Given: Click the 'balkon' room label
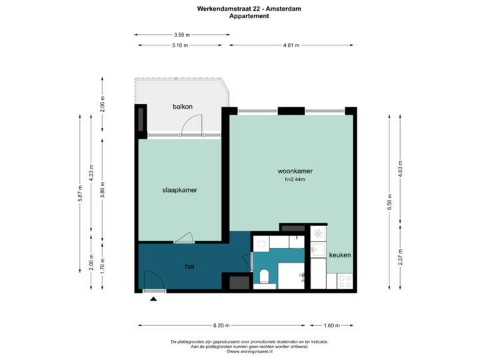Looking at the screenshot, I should pos(183,107).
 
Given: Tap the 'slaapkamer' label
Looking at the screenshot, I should pos(180,190).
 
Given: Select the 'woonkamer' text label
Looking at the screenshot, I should pos(295,171).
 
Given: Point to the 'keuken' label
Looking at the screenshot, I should pos(340,255).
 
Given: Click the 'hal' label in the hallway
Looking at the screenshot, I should pos(189,266).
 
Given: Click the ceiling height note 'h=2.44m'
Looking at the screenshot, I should pos(295,179).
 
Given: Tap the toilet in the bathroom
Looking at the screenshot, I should pos(265,276).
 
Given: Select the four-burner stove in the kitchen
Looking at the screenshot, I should pos(345,281).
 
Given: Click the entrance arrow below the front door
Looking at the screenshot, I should pos(154,299).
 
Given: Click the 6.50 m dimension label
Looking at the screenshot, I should pos(390,201).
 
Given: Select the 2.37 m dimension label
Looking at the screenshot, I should pos(400,257).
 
